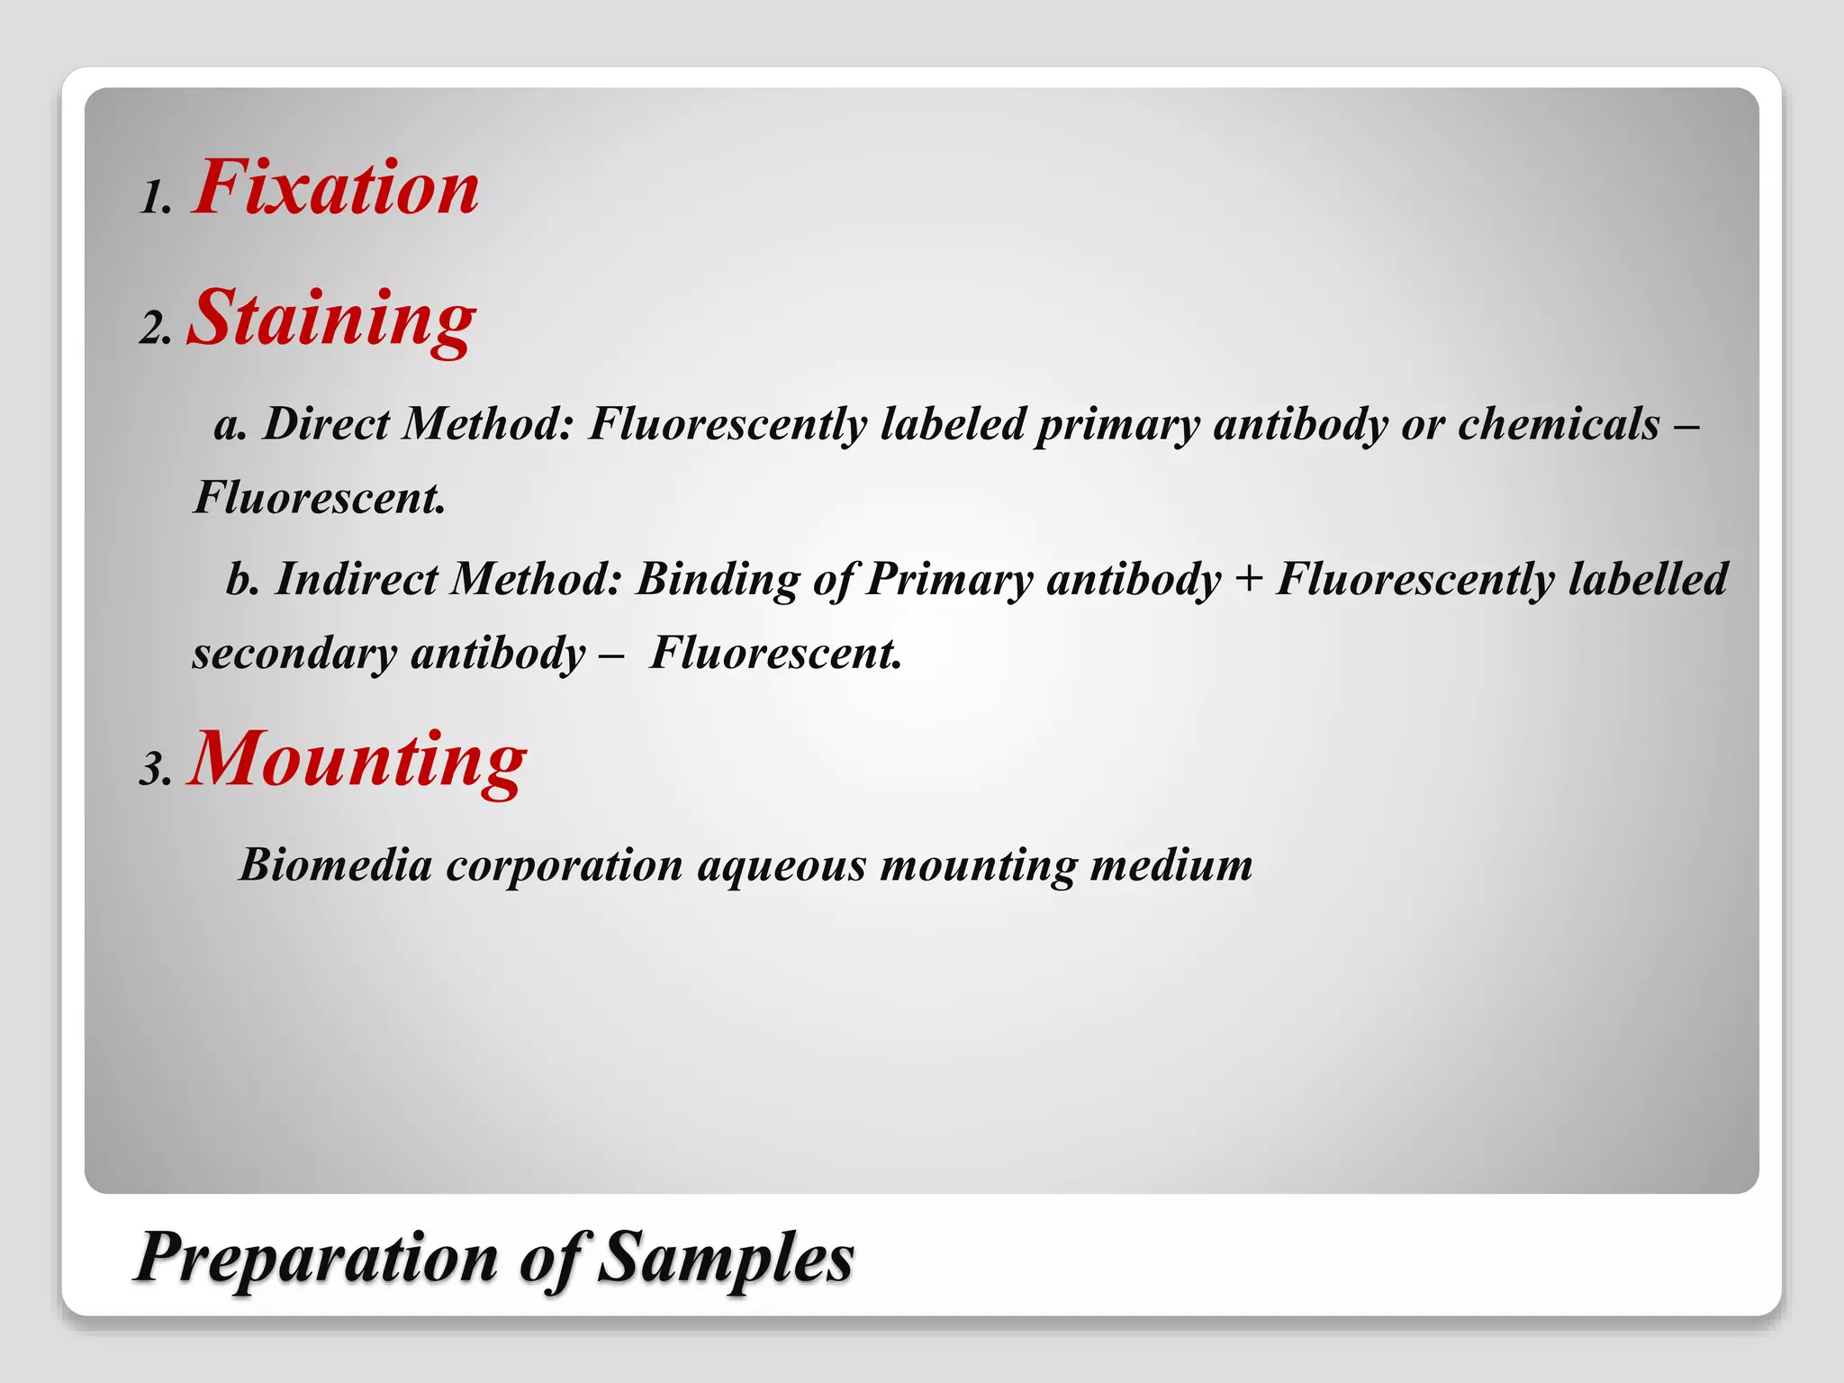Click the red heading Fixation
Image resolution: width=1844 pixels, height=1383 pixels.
[x=336, y=187]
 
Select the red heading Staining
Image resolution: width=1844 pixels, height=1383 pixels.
[x=330, y=318]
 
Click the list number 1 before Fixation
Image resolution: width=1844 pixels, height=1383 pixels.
[x=156, y=197]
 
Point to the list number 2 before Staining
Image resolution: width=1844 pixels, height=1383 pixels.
[x=155, y=328]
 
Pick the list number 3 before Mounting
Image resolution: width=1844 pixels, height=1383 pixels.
[x=155, y=770]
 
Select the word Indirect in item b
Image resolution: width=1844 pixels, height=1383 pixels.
[x=356, y=578]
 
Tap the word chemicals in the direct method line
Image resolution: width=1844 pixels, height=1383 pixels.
[x=1559, y=423]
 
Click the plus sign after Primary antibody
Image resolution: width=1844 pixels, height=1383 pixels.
[x=1248, y=579]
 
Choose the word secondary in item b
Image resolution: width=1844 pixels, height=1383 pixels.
[x=294, y=654]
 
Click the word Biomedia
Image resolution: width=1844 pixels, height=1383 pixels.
[x=335, y=864]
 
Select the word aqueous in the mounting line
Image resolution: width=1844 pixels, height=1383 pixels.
[x=782, y=866]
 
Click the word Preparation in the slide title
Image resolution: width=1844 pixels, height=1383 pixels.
[x=317, y=1258]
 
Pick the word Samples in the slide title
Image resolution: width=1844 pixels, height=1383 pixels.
[x=726, y=1258]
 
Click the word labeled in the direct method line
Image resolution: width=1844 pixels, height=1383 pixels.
[x=953, y=423]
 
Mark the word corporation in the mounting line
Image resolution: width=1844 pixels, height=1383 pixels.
[x=565, y=866]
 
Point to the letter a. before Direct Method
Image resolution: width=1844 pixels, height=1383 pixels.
[x=230, y=425]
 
